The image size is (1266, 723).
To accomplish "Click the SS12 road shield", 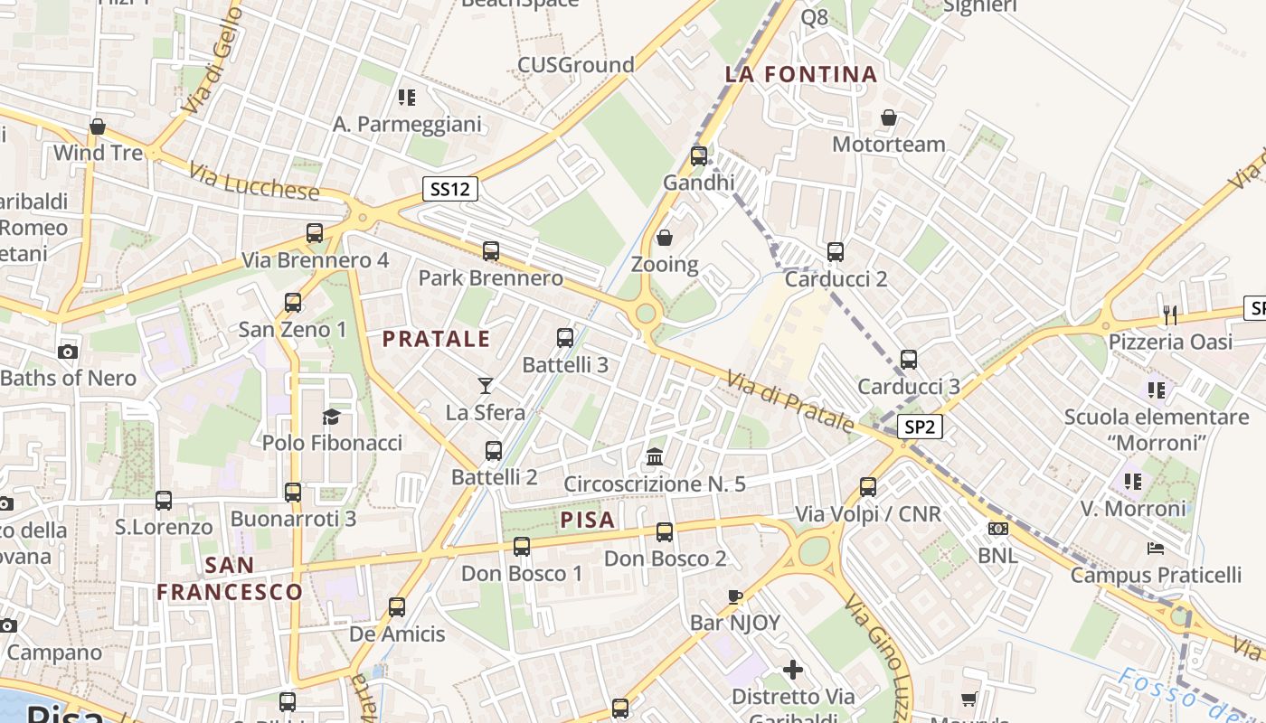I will pyautogui.click(x=449, y=190).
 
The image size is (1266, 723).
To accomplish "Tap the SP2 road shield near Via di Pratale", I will pyautogui.click(x=921, y=427).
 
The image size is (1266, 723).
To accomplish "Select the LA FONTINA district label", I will pyautogui.click(x=801, y=74).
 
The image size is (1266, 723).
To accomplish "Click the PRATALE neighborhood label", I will pyautogui.click(x=436, y=340).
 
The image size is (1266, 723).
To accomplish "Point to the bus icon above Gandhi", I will pyautogui.click(x=698, y=155).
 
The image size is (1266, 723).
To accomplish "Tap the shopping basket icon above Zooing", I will pyautogui.click(x=665, y=238).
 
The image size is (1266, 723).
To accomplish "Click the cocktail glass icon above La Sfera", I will pyautogui.click(x=486, y=386).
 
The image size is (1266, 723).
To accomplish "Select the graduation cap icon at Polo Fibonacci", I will pyautogui.click(x=332, y=417).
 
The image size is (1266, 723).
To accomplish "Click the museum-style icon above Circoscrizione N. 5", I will pyautogui.click(x=655, y=457).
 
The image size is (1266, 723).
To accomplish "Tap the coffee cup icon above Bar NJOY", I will pyautogui.click(x=735, y=596).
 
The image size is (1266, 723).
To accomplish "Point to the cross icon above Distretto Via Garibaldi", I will pyautogui.click(x=793, y=670).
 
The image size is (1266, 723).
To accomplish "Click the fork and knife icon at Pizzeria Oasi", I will pyautogui.click(x=1170, y=315).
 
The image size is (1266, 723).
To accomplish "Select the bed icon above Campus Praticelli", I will pyautogui.click(x=1156, y=548).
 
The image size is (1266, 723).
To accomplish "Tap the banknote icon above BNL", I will pyautogui.click(x=998, y=529).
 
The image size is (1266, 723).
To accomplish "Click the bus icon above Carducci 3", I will pyautogui.click(x=909, y=360).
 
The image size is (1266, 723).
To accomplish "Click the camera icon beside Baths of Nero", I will pyautogui.click(x=67, y=352).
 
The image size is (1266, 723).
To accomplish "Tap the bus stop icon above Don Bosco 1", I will pyautogui.click(x=522, y=546).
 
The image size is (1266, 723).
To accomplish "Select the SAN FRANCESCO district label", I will pyautogui.click(x=230, y=578).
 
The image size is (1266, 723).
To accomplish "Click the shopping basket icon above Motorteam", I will pyautogui.click(x=889, y=117).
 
